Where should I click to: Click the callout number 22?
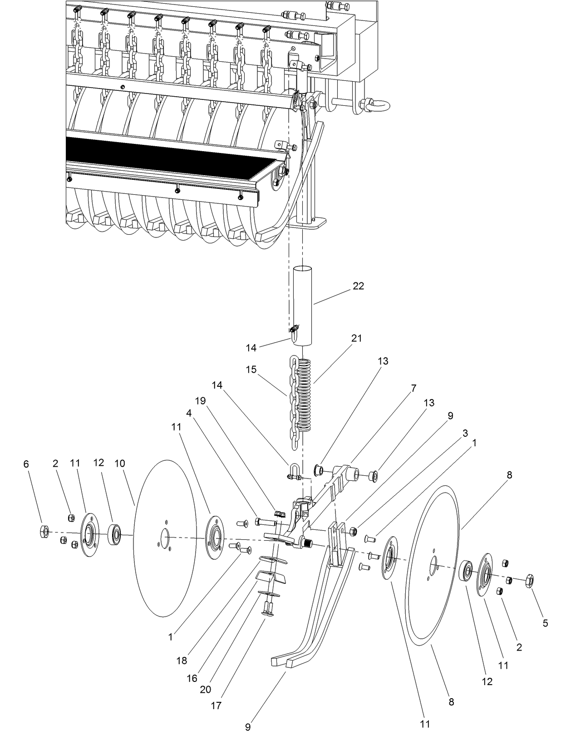pos(358,286)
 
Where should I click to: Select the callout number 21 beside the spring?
pos(356,338)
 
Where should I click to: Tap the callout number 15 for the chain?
pos(251,369)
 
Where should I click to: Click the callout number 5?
pos(545,623)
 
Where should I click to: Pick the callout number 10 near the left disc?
pos(119,464)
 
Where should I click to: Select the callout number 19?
pos(200,401)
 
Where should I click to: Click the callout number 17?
pos(216,706)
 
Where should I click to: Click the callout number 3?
pos(465,433)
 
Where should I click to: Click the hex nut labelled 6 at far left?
pos(44,531)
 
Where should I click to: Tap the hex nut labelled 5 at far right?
pos(529,581)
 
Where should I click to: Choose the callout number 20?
pos(205,689)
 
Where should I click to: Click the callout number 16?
pos(192,678)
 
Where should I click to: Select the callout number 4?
pos(188,414)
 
